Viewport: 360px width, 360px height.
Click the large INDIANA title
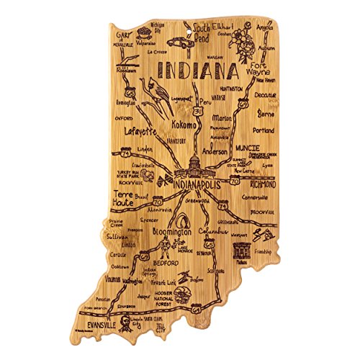pyautogui.click(x=194, y=71)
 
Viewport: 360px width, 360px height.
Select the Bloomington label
pyautogui.click(x=169, y=234)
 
